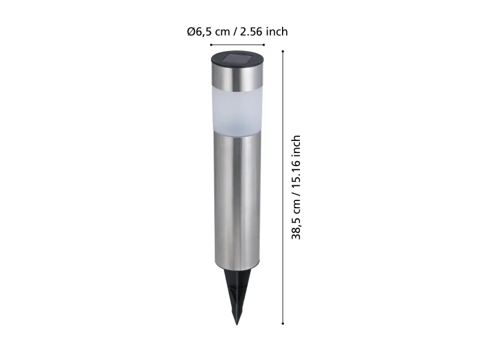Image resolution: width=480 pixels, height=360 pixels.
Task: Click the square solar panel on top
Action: coord(238,58)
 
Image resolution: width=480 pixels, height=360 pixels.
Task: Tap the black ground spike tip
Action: coord(236,324)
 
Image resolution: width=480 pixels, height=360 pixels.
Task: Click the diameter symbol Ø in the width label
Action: coord(191,32)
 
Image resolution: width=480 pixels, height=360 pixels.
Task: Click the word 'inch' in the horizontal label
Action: coord(277,31)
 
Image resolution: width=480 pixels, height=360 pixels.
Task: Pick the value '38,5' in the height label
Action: coord(296,228)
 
